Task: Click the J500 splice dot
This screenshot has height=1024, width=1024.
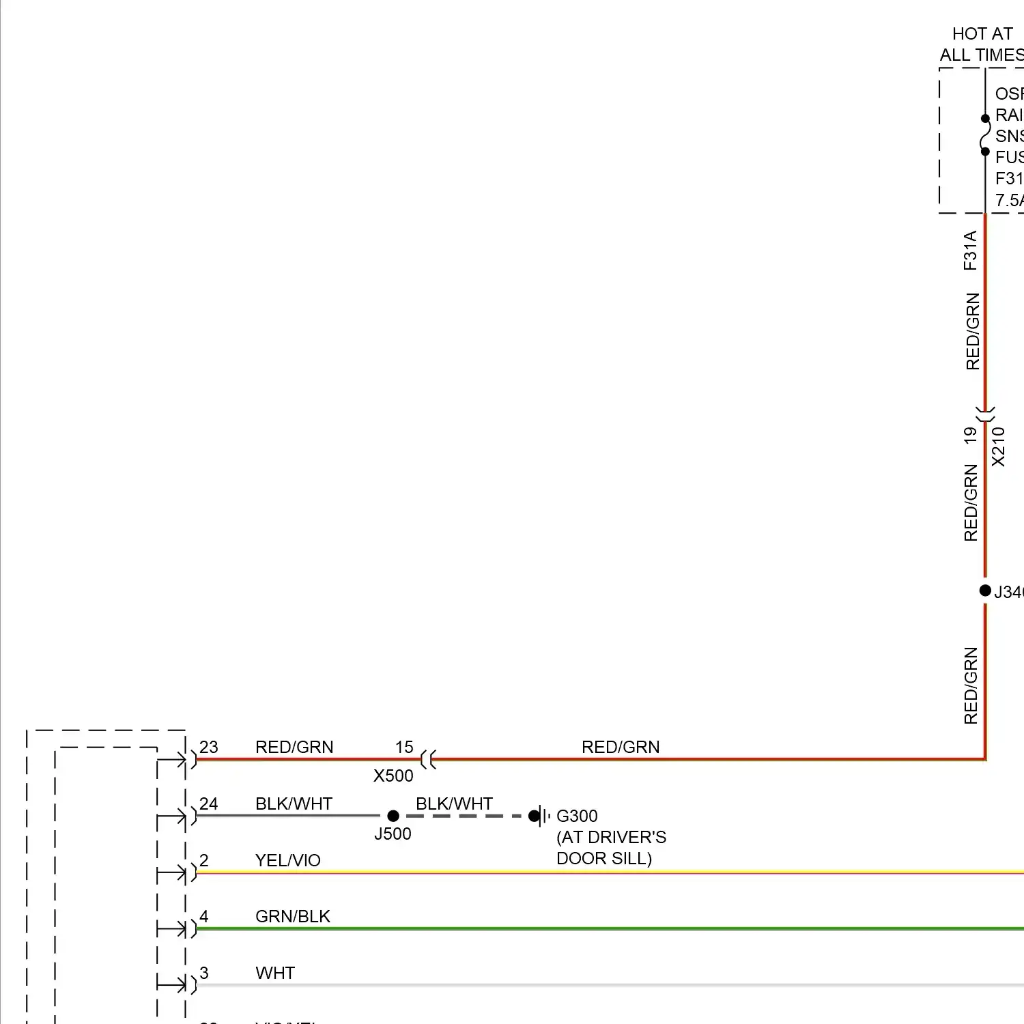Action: tap(393, 816)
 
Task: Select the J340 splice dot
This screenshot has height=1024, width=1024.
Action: tap(985, 591)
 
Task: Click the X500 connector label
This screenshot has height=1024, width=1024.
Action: tap(393, 776)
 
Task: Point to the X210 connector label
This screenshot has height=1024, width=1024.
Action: tap(998, 447)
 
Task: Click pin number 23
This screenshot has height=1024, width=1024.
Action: tap(209, 747)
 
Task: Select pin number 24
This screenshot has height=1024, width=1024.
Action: tap(209, 803)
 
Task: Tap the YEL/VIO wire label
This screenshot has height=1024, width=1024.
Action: tap(287, 860)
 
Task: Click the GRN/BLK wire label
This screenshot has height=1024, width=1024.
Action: tap(292, 916)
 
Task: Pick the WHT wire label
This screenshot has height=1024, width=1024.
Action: tap(275, 973)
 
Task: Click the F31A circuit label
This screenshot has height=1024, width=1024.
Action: tap(970, 251)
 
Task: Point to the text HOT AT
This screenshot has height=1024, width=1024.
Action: tap(982, 34)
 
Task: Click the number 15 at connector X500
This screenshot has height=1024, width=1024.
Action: tap(404, 747)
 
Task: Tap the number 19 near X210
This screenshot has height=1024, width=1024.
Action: tap(970, 436)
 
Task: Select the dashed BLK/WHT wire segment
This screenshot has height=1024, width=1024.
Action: tap(464, 816)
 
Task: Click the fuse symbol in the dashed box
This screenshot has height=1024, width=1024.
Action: tap(985, 135)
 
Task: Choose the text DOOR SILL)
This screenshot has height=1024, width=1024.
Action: tap(604, 858)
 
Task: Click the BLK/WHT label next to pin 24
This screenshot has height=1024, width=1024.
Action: tap(294, 803)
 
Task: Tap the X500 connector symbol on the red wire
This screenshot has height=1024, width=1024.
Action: tap(428, 758)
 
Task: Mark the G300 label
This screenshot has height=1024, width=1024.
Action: tap(577, 816)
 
